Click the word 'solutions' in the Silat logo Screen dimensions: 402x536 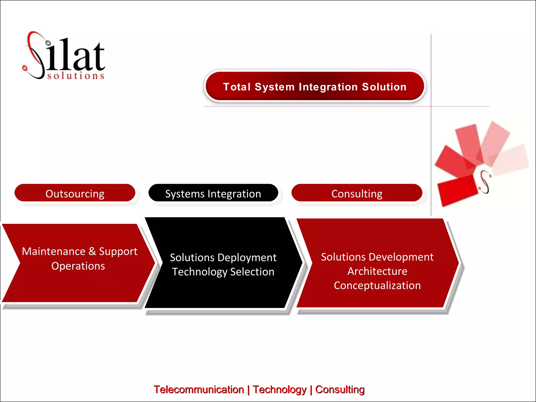pos(76,76)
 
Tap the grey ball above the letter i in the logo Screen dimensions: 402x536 pos(48,43)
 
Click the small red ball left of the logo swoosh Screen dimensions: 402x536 pos(25,68)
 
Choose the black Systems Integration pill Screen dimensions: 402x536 pos(213,193)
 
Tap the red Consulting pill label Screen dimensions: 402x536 pos(357,193)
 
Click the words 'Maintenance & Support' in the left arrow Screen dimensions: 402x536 pos(80,251)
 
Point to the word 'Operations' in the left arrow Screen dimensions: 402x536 pos(78,266)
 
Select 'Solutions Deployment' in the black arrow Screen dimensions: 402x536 pos(223,258)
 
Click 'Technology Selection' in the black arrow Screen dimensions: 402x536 pos(223,272)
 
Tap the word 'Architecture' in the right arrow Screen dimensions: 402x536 pos(377,271)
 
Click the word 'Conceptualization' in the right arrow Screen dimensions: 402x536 pos(377,286)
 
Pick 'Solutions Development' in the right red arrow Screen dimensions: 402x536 pos(377,257)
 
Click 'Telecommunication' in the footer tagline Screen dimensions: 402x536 pos(199,389)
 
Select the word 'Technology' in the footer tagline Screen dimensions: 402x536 pos(280,389)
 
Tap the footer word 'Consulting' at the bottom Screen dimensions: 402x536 pos(340,389)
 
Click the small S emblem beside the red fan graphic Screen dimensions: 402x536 pos(485,182)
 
